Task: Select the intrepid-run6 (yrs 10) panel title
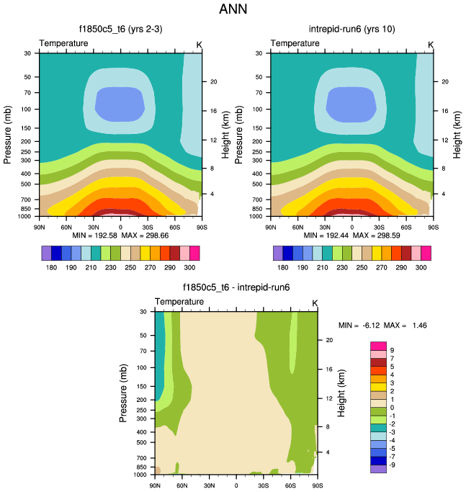(x=351, y=30)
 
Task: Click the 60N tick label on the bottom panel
(x=182, y=485)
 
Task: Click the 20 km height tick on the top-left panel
(x=214, y=81)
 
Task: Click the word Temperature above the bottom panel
(x=179, y=301)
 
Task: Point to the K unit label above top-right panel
(x=431, y=44)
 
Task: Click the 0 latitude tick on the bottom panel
(x=235, y=485)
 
